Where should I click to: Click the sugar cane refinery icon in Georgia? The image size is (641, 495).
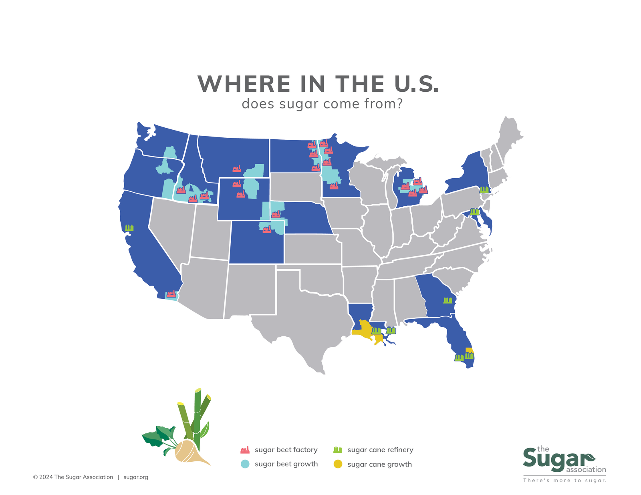click(x=447, y=300)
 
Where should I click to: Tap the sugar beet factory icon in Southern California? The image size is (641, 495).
click(x=171, y=294)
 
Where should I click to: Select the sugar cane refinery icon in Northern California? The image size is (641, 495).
click(x=129, y=228)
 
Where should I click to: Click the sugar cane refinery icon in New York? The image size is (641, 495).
click(x=484, y=189)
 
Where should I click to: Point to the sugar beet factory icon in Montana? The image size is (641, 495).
click(x=237, y=169)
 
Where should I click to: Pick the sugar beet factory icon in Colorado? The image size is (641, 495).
click(x=267, y=229)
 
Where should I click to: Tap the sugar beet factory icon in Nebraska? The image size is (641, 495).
click(x=276, y=214)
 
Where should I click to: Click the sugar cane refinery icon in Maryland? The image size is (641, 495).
click(x=475, y=211)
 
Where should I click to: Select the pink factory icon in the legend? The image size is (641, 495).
click(x=245, y=450)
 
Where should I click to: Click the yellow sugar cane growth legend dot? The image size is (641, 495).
click(x=338, y=464)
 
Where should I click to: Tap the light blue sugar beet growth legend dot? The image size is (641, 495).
click(x=245, y=464)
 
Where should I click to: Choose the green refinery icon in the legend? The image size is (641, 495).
click(x=338, y=450)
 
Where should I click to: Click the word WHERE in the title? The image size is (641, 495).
click(x=244, y=84)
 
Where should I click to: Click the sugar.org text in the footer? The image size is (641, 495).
click(x=136, y=477)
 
